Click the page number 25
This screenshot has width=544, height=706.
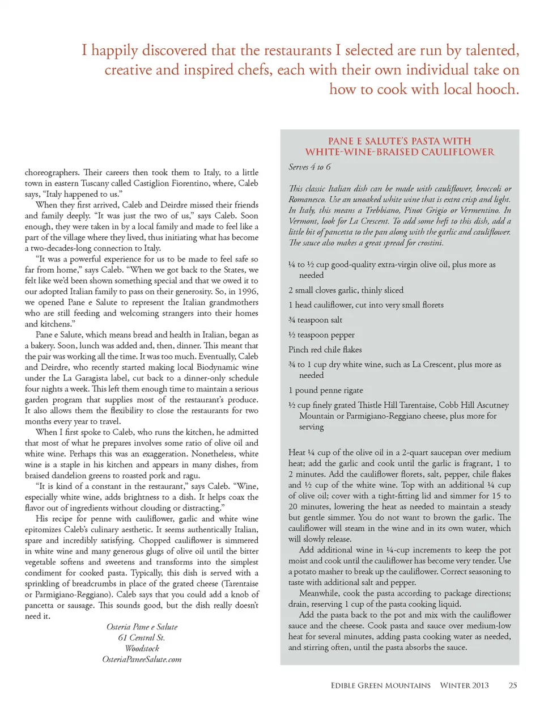point(512,685)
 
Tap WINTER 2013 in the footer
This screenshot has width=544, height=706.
point(464,685)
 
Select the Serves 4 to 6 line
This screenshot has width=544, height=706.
point(309,167)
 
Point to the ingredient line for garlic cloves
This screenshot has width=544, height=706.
point(346,290)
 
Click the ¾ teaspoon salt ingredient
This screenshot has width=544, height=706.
point(315,320)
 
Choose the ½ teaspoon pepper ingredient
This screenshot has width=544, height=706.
point(321,335)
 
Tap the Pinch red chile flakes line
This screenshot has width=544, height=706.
point(325,349)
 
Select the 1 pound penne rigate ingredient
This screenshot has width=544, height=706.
point(325,390)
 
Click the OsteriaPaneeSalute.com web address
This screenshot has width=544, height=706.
point(142,659)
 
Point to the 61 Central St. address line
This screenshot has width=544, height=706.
point(142,637)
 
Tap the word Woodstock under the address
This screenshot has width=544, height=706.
point(142,648)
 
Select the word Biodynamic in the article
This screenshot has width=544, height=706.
point(212,367)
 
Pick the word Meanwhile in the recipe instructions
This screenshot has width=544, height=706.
point(320,593)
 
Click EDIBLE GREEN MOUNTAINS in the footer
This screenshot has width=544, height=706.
point(380,685)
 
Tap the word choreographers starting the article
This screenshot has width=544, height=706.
point(52,172)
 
